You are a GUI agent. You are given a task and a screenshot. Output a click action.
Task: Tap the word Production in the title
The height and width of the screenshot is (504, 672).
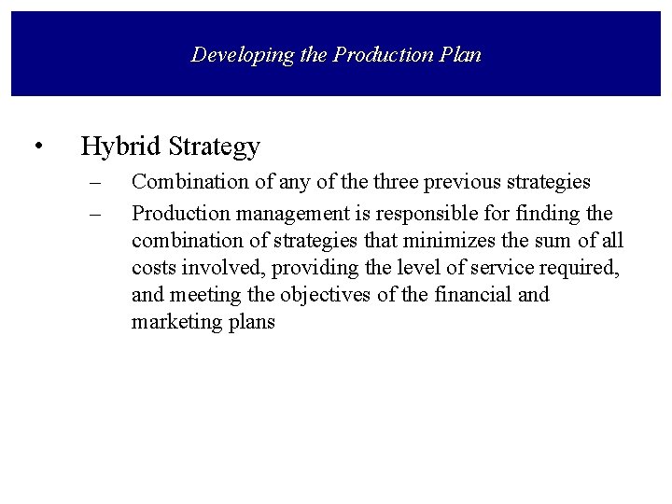pyautogui.click(x=376, y=54)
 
